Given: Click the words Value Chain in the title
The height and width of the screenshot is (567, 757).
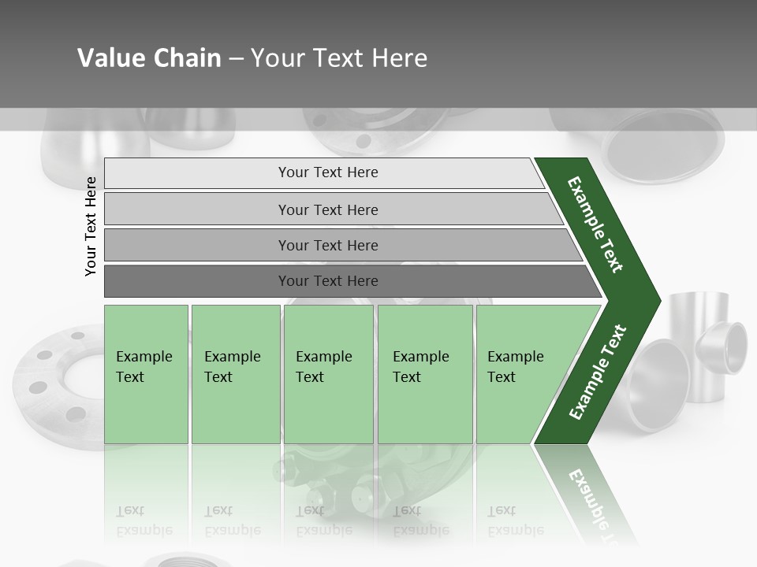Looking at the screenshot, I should click(x=149, y=58).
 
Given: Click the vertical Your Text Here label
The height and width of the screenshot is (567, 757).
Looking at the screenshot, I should click(x=91, y=226).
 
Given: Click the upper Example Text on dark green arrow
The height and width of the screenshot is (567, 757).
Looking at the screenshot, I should click(x=596, y=224).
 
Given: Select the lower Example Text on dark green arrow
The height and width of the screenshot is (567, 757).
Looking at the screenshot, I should click(x=598, y=372).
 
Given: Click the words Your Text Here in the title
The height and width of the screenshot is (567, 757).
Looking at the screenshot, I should click(x=339, y=58).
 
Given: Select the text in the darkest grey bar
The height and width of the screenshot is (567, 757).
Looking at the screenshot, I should click(x=328, y=281).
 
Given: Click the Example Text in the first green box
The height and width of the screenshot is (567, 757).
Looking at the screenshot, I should click(x=144, y=367).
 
